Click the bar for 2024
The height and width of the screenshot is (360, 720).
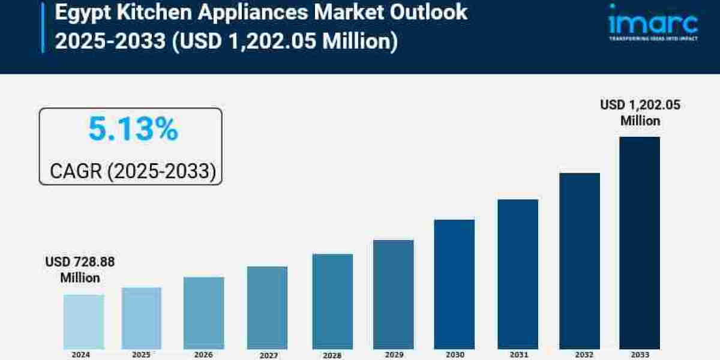coord(83,321)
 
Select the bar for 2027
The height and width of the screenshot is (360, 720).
coord(267,307)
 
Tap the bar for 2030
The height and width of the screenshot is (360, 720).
coord(454,284)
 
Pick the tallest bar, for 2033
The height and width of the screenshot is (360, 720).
coord(640,242)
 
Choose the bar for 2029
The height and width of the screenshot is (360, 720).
coord(393,294)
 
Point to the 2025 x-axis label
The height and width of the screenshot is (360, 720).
coord(141,355)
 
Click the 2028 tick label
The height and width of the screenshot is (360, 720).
coord(332,355)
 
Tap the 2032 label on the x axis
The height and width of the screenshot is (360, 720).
coord(580,355)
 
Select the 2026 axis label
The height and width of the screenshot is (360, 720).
coord(203,355)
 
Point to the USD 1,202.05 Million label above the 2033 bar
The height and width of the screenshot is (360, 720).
coord(640,113)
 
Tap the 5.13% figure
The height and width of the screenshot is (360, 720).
coord(133,130)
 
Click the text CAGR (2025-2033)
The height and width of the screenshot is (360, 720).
coord(133,172)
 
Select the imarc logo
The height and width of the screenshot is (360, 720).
coord(653,23)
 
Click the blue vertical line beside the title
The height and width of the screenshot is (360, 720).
coord(43,27)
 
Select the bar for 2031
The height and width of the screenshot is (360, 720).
coord(518,274)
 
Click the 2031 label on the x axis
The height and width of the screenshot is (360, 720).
coord(518,355)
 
